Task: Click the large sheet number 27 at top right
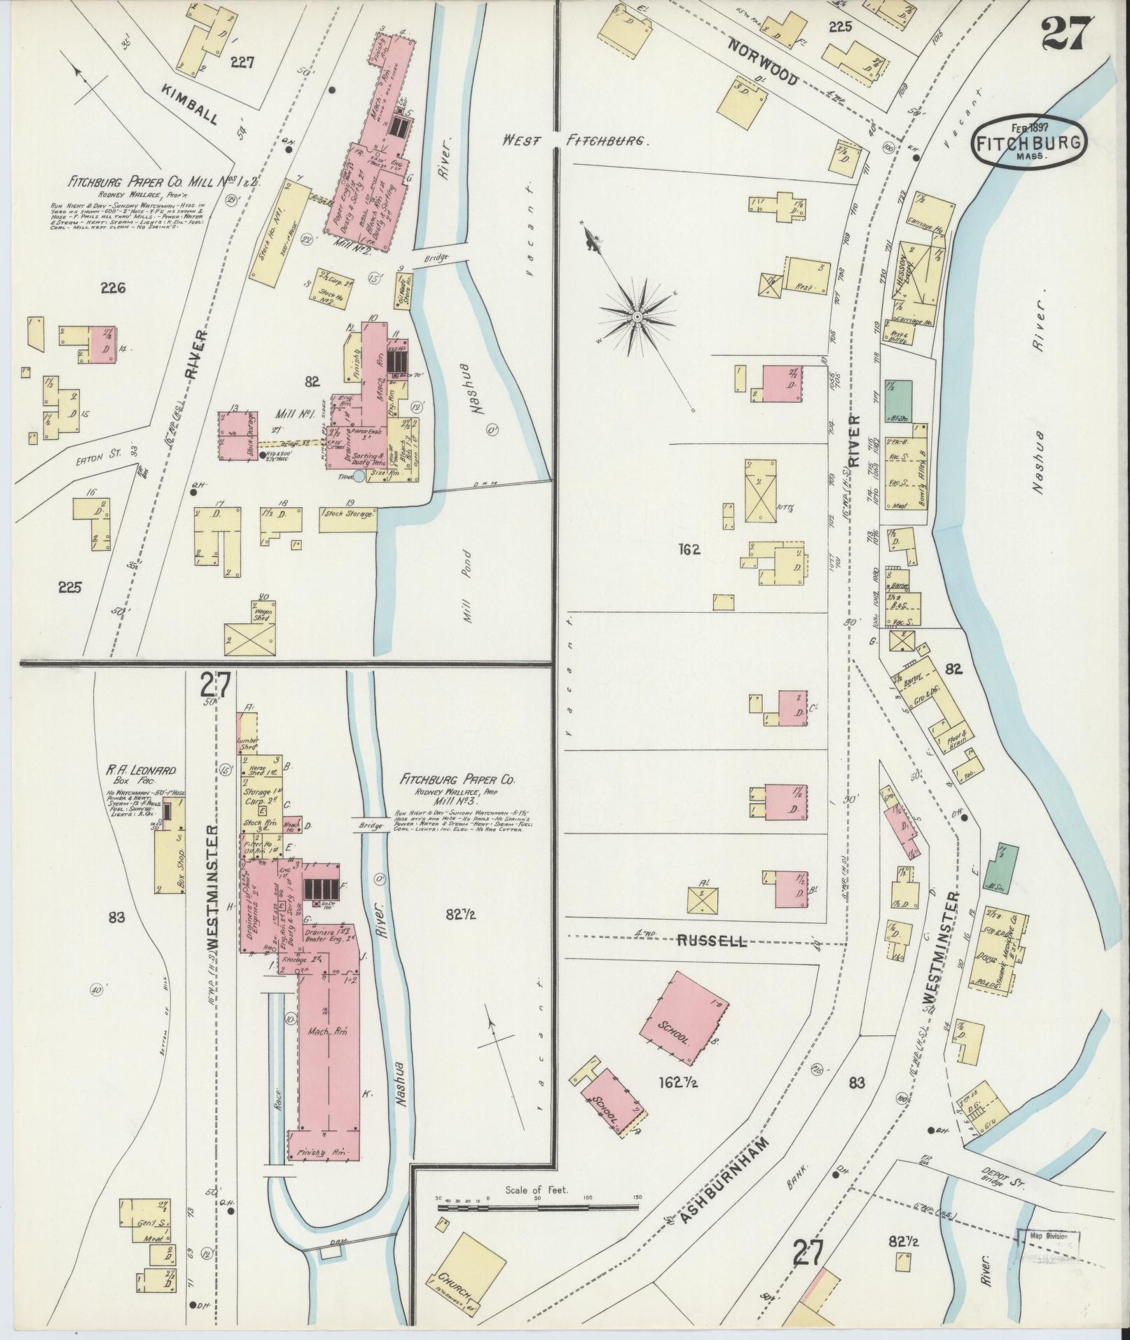1066,33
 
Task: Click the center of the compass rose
638,317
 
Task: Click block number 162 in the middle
689,550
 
